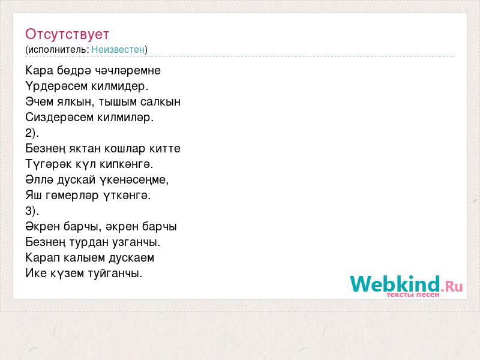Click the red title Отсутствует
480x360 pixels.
[x=67, y=34]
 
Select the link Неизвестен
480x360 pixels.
[x=118, y=49]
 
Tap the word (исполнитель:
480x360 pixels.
[x=57, y=50]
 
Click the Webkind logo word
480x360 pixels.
[x=395, y=284]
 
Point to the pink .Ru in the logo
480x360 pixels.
[x=452, y=286]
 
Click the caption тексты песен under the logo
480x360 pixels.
[x=413, y=295]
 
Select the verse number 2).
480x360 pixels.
[x=32, y=133]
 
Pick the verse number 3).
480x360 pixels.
[x=32, y=211]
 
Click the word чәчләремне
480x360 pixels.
[x=128, y=70]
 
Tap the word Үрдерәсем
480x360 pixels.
[x=56, y=86]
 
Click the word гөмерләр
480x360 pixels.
[x=72, y=196]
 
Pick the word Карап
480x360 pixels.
[x=43, y=258]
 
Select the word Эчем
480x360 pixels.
[x=40, y=101]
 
